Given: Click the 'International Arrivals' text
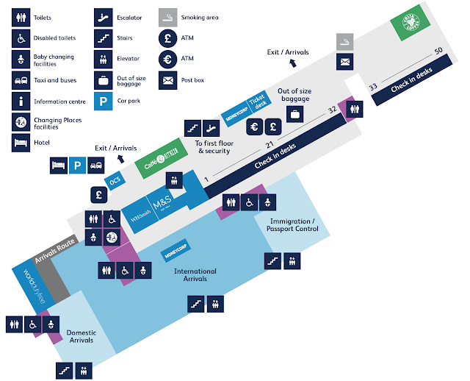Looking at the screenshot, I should point(195,275).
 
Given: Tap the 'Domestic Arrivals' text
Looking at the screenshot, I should point(82,336).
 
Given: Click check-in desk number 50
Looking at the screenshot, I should point(438,51).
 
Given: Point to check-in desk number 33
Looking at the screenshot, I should point(373,87).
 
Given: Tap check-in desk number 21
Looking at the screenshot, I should point(270,144).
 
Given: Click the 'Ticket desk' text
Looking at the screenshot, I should point(256,104).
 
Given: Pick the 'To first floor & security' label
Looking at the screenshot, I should point(213,146).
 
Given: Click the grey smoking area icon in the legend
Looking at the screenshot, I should point(168,17).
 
